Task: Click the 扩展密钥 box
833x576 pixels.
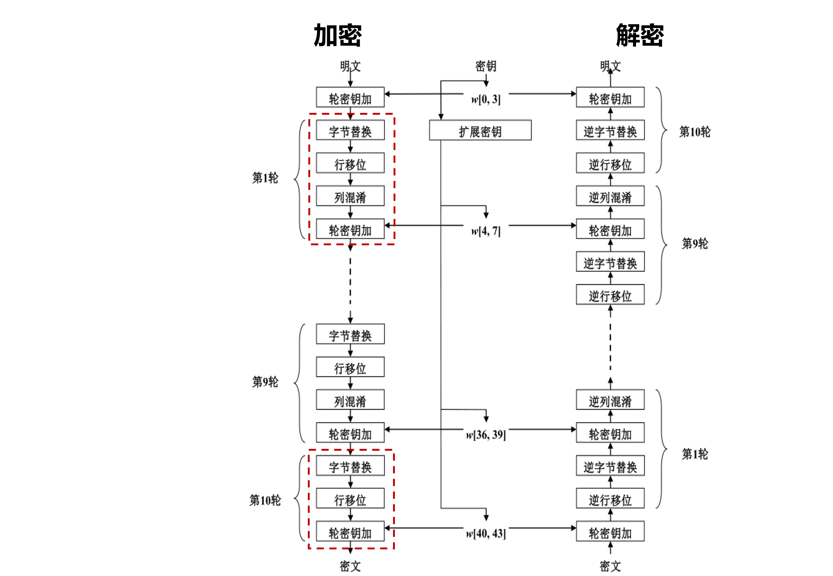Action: coord(480,130)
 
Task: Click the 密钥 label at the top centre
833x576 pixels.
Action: coord(486,66)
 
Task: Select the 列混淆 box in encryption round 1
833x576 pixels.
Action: coord(350,196)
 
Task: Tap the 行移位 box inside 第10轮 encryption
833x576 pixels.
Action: coord(350,498)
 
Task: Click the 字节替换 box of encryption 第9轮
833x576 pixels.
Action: coord(350,334)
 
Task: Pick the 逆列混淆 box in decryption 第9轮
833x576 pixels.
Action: coord(610,196)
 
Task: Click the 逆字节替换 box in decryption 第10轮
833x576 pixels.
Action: coord(610,130)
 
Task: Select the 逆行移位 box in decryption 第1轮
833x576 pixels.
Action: coord(610,498)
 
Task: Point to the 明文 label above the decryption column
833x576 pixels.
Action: coord(610,66)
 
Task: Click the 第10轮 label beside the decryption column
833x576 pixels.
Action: coord(695,132)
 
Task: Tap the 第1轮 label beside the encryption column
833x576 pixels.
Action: coord(265,177)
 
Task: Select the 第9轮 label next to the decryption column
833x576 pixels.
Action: coord(695,244)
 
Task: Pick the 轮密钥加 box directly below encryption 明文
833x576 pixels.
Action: coord(350,97)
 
